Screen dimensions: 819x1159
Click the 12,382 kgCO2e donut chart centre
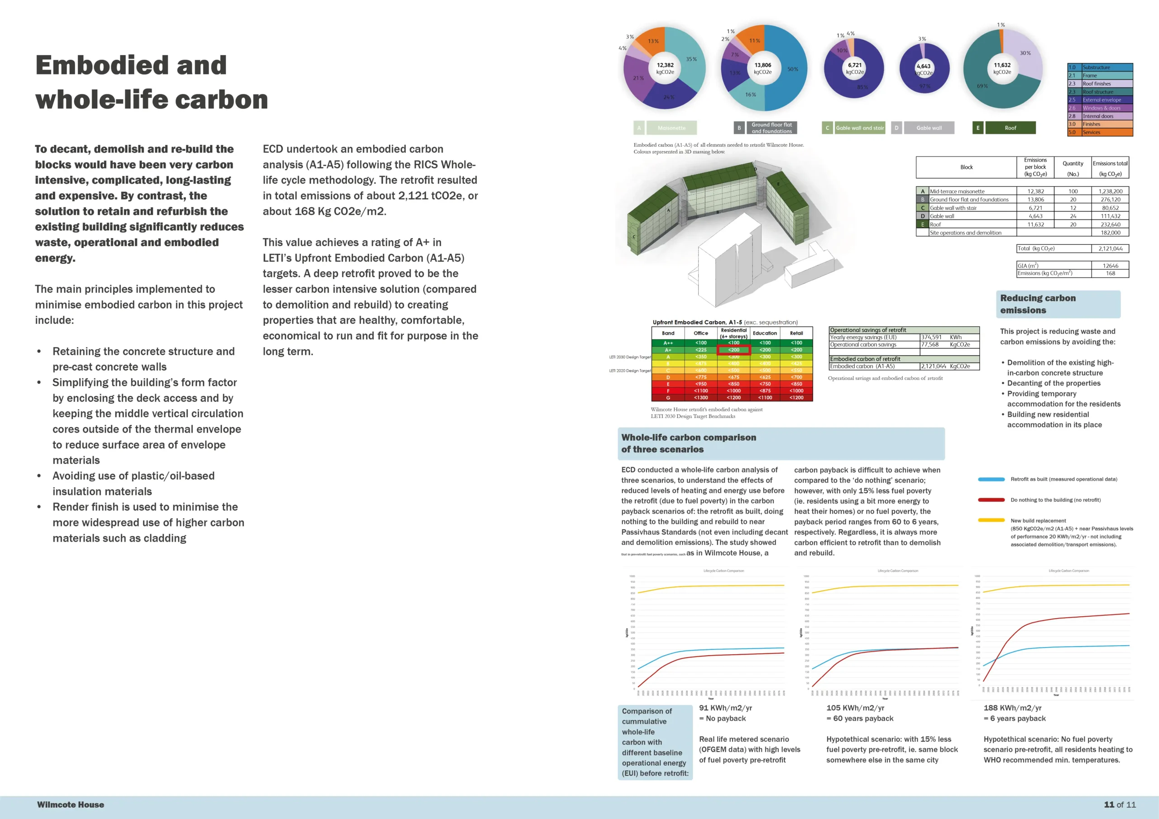(x=665, y=68)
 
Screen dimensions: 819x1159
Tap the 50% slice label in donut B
(x=793, y=69)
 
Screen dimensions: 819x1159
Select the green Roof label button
(x=1010, y=128)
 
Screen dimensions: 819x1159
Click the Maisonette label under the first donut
(x=671, y=128)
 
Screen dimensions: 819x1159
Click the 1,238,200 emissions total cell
(x=1110, y=191)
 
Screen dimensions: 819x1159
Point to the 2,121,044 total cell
(x=1110, y=248)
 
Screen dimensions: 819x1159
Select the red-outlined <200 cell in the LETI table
(x=733, y=350)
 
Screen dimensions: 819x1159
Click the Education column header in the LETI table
(x=765, y=333)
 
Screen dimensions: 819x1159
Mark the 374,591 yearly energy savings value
(x=931, y=337)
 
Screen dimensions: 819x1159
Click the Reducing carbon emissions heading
(x=1037, y=304)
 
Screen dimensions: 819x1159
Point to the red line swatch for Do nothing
(x=991, y=500)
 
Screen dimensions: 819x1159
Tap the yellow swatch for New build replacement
(x=991, y=520)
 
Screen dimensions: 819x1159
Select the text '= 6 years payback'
(x=1014, y=718)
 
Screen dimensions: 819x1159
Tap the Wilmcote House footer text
(x=70, y=805)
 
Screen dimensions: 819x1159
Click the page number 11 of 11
(x=1120, y=805)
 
